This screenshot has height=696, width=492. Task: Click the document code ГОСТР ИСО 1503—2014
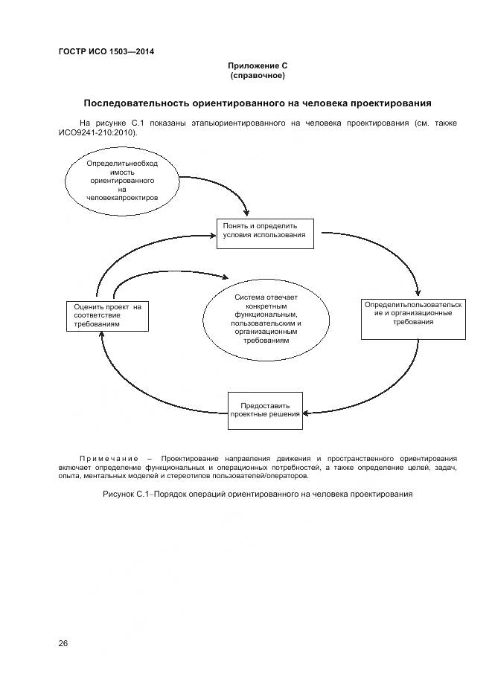[106, 51]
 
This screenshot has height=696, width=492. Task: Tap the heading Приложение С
[258, 66]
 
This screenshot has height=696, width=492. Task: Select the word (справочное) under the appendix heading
[258, 76]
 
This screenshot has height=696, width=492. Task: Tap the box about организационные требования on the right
[413, 318]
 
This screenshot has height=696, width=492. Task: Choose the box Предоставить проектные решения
[264, 410]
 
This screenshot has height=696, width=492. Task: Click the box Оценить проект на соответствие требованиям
[106, 315]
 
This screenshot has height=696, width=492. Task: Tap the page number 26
[63, 643]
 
